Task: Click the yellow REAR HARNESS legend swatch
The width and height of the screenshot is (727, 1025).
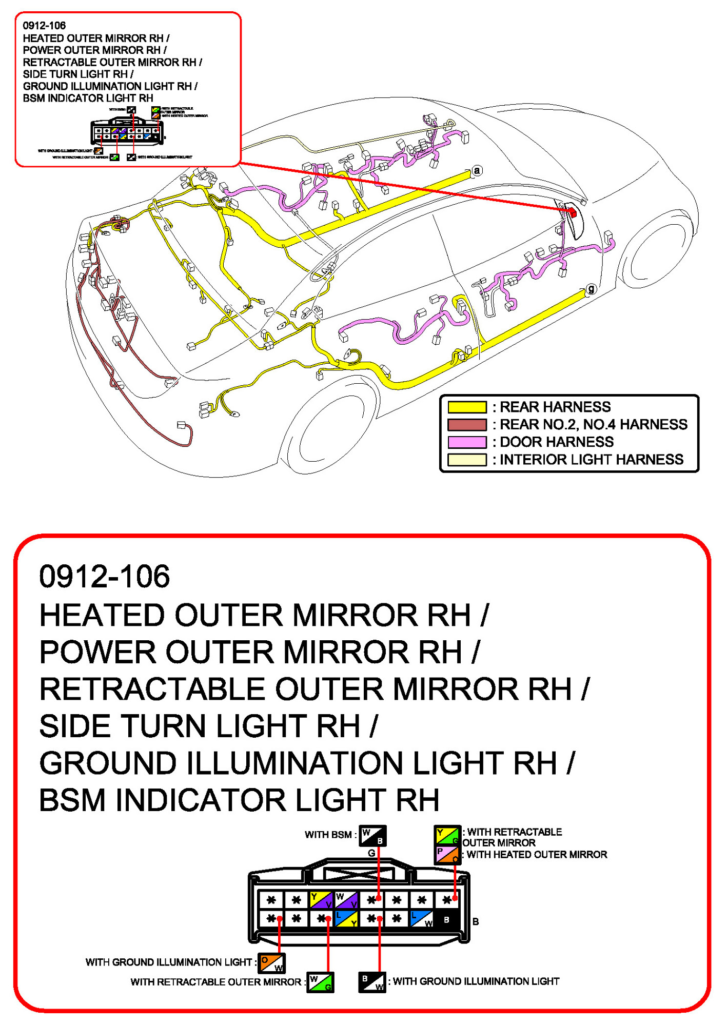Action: click(x=466, y=407)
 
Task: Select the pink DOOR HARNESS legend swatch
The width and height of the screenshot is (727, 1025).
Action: click(x=466, y=442)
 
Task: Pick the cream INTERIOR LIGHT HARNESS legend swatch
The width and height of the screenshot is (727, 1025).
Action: click(x=466, y=459)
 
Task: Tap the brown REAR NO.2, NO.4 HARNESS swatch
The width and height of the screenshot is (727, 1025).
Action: click(x=466, y=424)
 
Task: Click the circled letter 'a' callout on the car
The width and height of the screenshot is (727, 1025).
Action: click(x=477, y=170)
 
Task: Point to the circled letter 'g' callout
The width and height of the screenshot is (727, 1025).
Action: click(x=591, y=289)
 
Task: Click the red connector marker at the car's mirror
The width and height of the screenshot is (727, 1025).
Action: click(x=573, y=212)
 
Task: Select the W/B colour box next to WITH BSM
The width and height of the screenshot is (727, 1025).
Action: click(x=372, y=836)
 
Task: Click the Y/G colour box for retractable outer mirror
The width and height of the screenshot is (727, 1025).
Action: click(x=447, y=835)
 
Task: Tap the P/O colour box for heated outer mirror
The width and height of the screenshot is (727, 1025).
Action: click(x=447, y=855)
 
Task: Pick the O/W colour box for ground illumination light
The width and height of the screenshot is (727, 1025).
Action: click(x=271, y=963)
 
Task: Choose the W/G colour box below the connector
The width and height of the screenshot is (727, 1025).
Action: click(x=320, y=982)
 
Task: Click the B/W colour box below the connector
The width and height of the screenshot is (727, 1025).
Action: click(x=371, y=982)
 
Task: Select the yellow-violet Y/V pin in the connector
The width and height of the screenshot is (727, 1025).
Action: click(x=321, y=899)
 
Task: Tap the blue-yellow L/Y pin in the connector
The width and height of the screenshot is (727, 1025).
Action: click(x=346, y=918)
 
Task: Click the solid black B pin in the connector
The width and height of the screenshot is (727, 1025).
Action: click(x=446, y=919)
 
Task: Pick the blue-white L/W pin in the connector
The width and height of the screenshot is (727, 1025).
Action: click(x=421, y=918)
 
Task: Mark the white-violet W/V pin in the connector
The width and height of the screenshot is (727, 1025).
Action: click(x=346, y=899)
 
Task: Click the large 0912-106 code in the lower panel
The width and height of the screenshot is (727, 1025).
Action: click(x=105, y=576)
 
